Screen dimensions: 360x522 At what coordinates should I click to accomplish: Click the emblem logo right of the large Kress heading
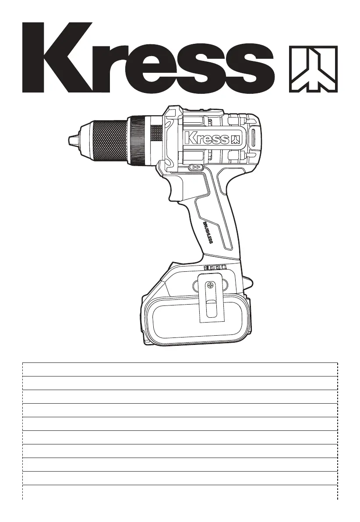pyautogui.click(x=313, y=69)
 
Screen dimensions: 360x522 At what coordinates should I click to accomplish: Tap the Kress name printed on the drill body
pyautogui.click(x=207, y=138)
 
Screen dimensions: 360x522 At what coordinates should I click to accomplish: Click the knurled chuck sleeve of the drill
pyautogui.click(x=110, y=140)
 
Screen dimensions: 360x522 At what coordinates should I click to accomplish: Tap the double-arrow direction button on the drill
pyautogui.click(x=197, y=167)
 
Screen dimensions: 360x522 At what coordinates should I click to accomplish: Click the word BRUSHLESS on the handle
pyautogui.click(x=208, y=233)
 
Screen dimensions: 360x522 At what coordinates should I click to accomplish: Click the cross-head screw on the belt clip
pyautogui.click(x=210, y=285)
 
